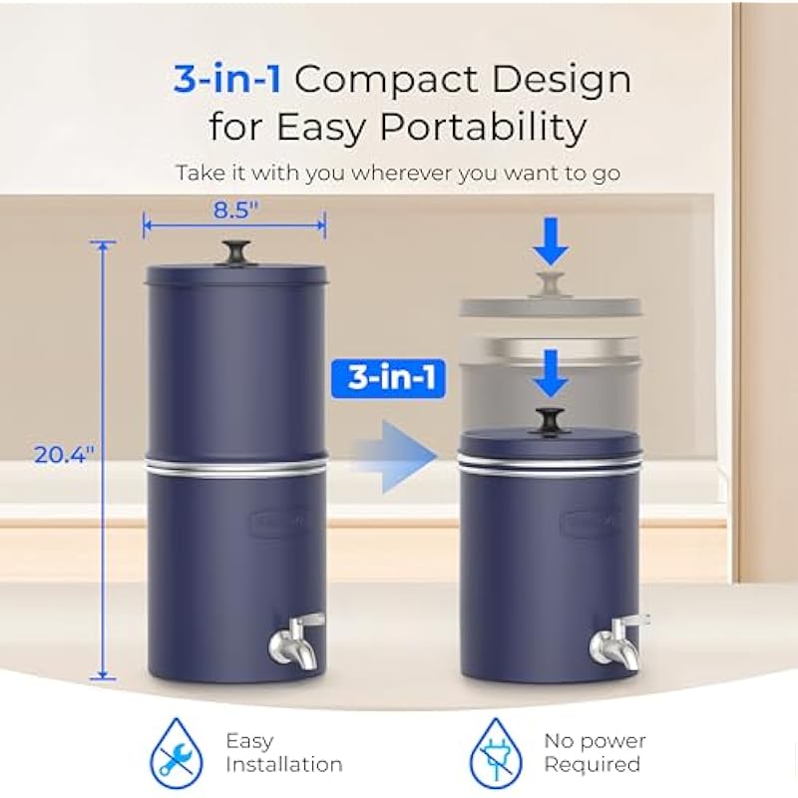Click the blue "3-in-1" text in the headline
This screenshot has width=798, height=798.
[227, 80]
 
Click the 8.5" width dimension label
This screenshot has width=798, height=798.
[235, 209]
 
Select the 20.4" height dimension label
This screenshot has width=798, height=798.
[64, 455]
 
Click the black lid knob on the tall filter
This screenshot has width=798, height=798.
[236, 252]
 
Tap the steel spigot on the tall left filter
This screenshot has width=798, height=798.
[296, 640]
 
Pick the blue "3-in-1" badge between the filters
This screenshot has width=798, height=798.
[388, 379]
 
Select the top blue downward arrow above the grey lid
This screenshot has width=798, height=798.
[551, 241]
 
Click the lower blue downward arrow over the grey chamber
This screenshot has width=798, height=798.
[551, 373]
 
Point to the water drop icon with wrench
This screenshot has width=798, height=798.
[177, 753]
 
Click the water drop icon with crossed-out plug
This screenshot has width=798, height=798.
[496, 753]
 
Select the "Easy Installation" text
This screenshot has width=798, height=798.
[284, 753]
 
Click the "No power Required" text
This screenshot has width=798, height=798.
[595, 752]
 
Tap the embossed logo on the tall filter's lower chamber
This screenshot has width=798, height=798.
[278, 521]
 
